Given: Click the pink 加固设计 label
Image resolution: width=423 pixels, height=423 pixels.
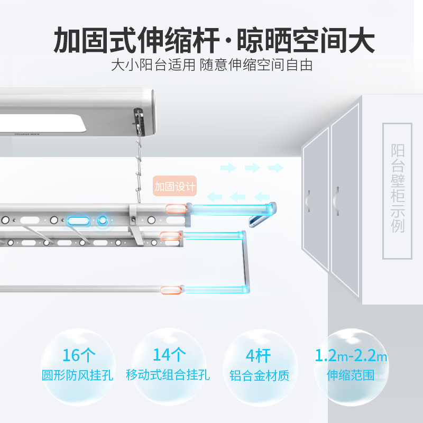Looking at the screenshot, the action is (174, 186).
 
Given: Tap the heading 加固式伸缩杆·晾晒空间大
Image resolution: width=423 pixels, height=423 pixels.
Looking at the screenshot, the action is (214, 40).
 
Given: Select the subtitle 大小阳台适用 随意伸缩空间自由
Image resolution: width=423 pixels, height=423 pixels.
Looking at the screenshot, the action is (212, 65).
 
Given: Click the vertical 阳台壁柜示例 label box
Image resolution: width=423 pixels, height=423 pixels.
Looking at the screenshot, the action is (398, 191).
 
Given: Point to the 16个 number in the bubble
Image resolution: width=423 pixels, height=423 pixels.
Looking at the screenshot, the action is (79, 355).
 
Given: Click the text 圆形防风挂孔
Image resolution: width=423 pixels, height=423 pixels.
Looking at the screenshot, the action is (77, 375).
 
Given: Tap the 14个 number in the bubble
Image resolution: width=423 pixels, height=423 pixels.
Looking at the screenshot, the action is (169, 354).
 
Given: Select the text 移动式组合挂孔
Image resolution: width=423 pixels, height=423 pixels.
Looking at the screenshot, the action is (168, 375).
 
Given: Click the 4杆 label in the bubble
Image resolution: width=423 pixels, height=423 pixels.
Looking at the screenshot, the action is (258, 356).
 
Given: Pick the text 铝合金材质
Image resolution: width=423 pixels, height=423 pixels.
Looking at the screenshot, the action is (259, 375).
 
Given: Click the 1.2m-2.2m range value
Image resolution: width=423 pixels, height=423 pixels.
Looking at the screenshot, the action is (351, 355).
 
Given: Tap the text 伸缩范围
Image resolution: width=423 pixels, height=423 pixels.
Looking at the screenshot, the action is (351, 375).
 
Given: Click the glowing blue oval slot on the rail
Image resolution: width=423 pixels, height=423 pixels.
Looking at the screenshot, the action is (78, 221).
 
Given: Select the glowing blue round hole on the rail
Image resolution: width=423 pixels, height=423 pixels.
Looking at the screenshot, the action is (102, 220).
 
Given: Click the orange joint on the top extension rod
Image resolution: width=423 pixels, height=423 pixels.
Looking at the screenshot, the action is (176, 209).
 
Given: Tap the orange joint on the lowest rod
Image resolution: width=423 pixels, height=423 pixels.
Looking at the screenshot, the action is (171, 290).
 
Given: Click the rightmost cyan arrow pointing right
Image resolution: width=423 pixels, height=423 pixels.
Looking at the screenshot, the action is (275, 168).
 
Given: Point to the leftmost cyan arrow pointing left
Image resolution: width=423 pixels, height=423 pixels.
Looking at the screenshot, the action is (214, 197).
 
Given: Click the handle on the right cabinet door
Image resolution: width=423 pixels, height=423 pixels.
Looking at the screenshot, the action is (336, 201).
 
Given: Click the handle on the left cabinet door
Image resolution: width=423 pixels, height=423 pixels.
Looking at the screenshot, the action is (307, 201).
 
